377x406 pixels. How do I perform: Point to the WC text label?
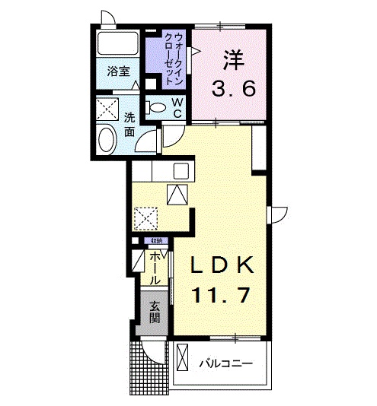click(x=176, y=107)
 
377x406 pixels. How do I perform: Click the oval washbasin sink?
click(x=107, y=139)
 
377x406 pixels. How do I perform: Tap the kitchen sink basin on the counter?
click(x=183, y=169)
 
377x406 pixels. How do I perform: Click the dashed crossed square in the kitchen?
click(x=143, y=217)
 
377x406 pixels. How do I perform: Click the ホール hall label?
click(x=155, y=268)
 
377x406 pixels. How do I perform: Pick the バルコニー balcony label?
click(x=226, y=363)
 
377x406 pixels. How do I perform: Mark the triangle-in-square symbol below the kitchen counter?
click(x=177, y=195)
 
